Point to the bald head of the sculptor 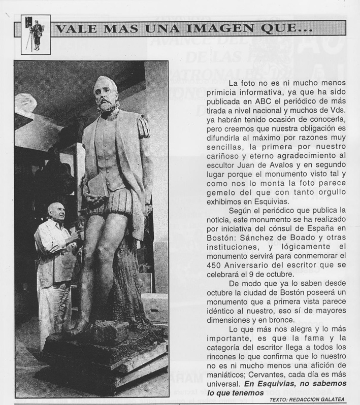[55, 209]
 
